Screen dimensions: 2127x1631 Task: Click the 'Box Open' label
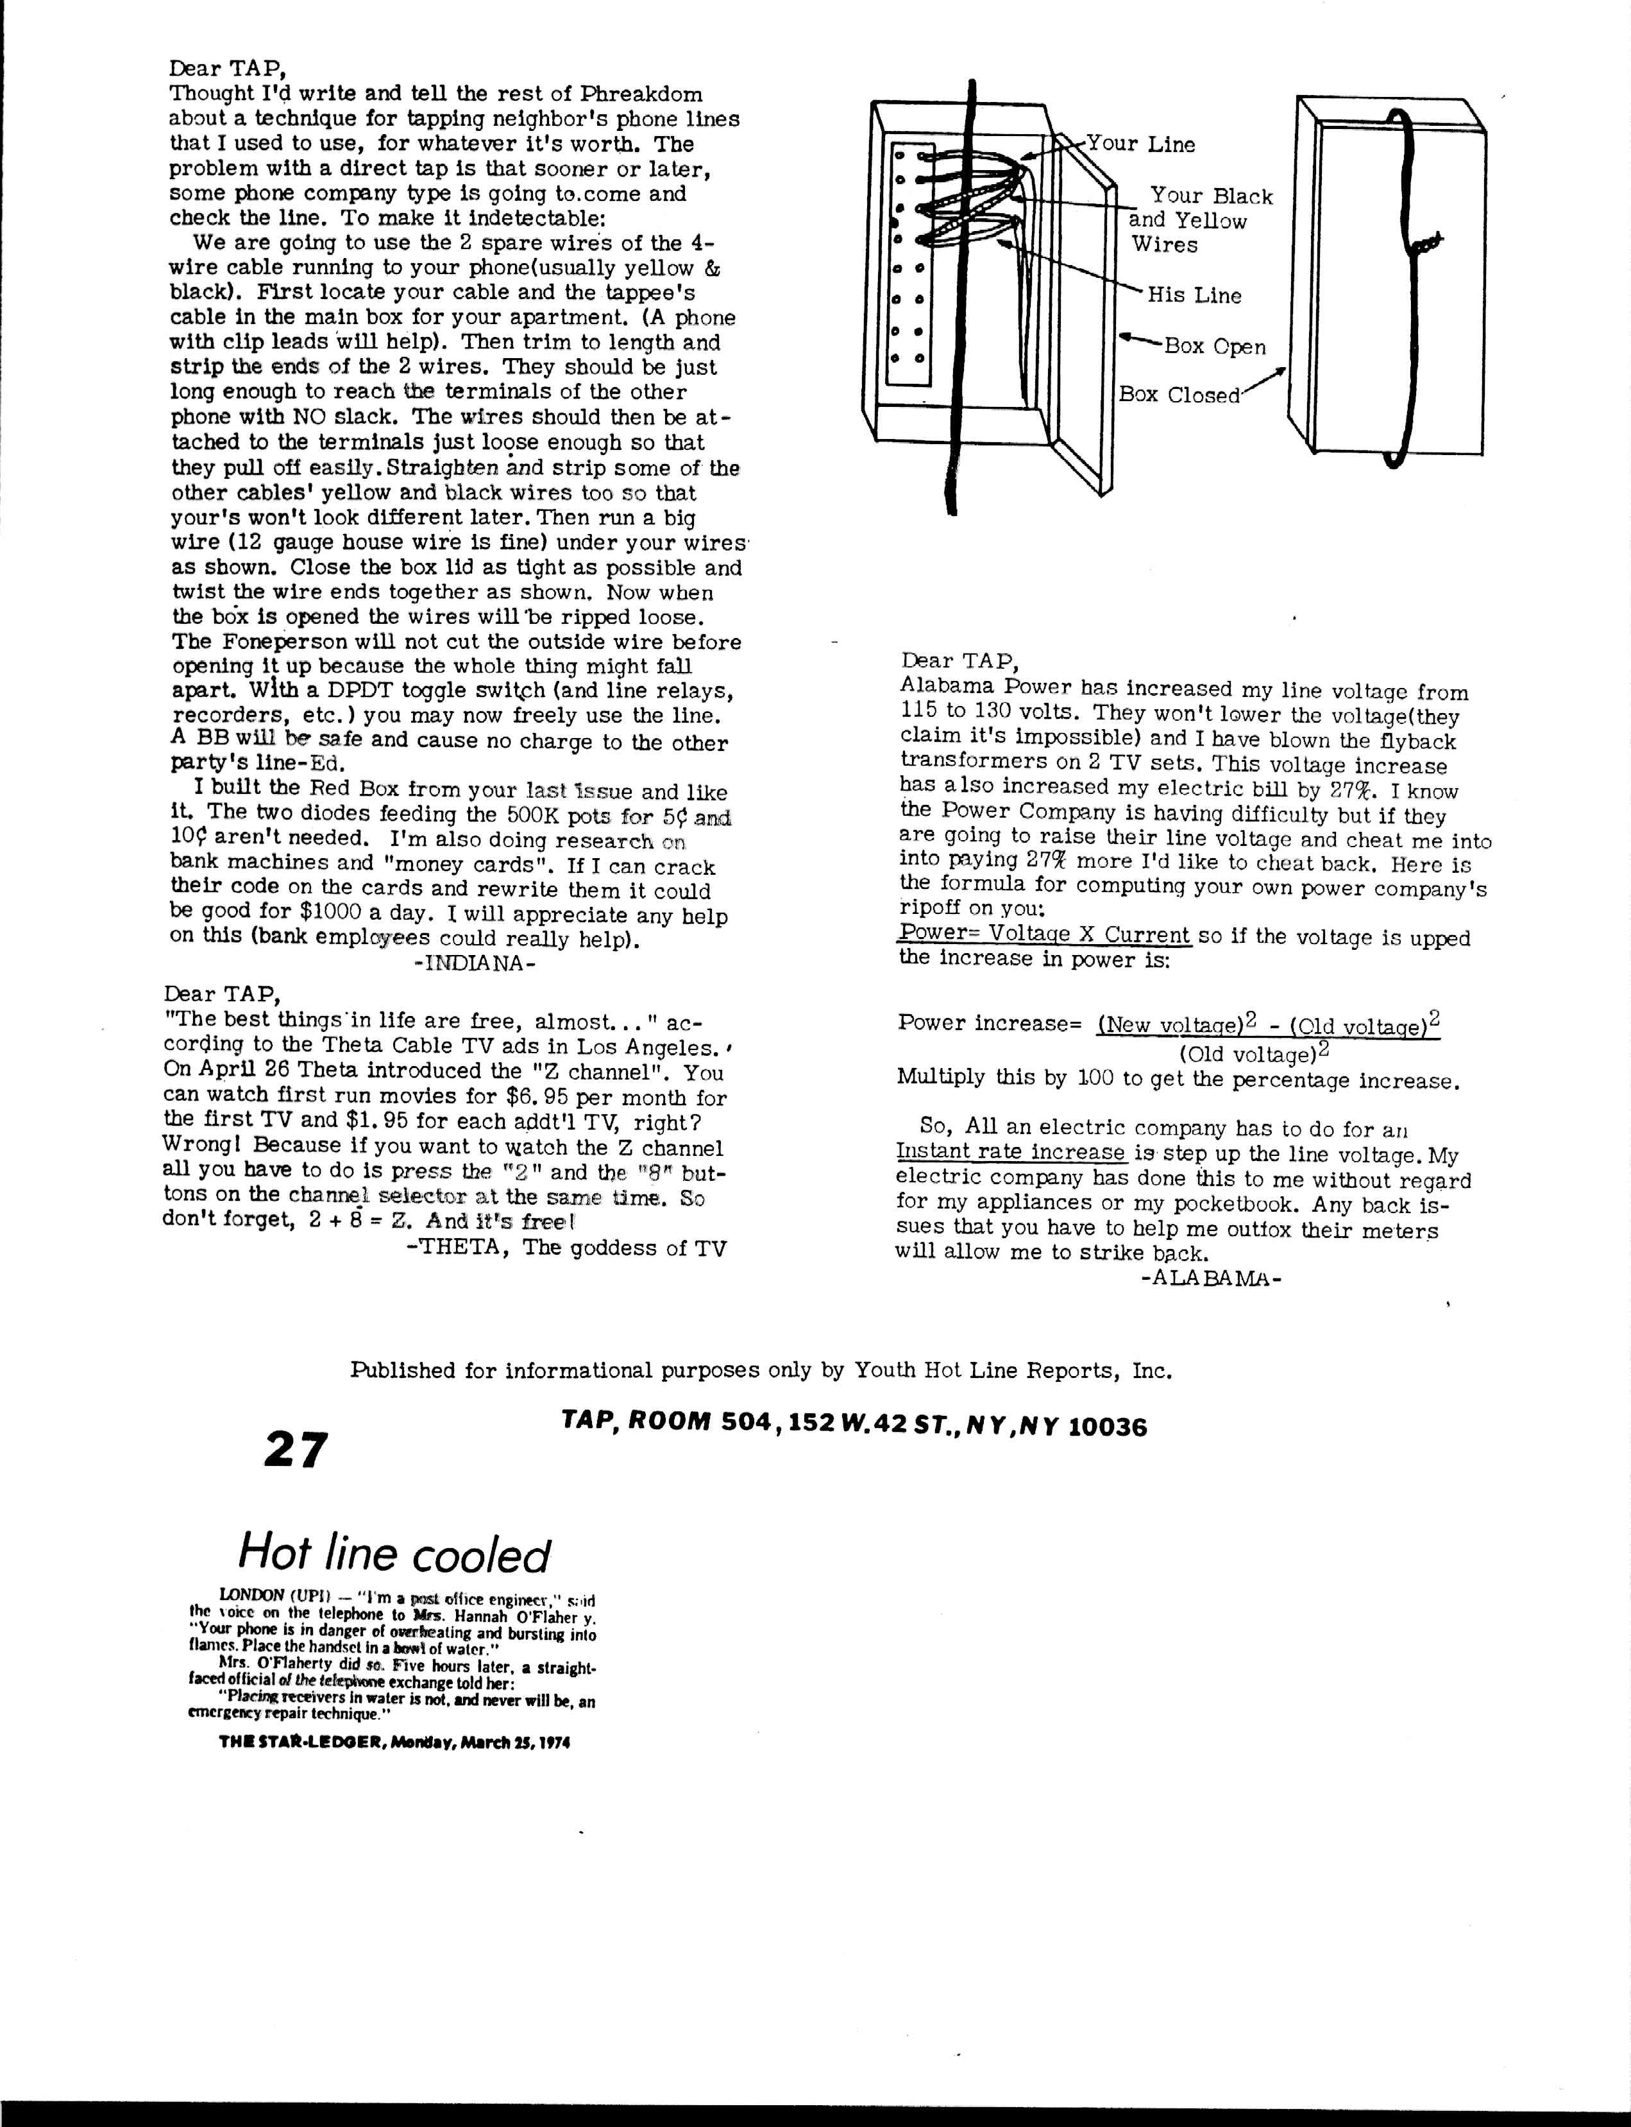[x=1213, y=347]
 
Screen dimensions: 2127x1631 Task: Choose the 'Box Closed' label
[x=1179, y=395]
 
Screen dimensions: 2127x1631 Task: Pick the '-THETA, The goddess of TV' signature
[x=565, y=1248]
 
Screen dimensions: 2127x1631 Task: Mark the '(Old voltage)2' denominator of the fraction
[x=1253, y=1054]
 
